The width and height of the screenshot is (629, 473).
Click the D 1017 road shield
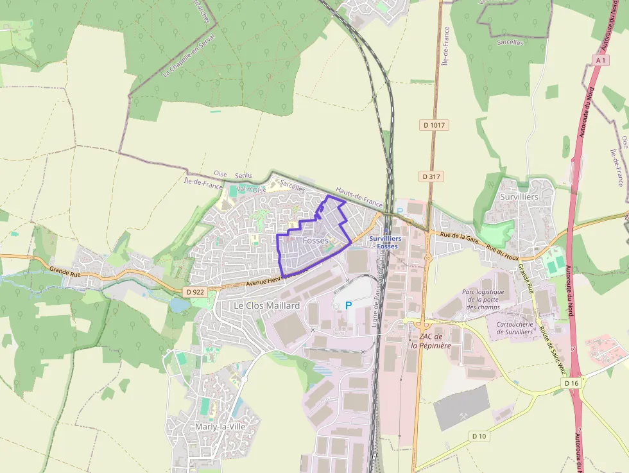click(435, 125)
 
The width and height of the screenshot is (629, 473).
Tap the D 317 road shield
click(433, 176)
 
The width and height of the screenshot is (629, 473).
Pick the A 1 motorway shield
click(601, 60)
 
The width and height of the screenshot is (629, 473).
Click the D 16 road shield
click(571, 383)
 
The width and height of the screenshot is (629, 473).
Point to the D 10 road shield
click(479, 436)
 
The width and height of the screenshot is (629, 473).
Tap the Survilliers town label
click(519, 196)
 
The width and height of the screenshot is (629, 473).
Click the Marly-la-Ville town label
click(218, 426)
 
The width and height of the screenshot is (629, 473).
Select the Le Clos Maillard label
click(266, 305)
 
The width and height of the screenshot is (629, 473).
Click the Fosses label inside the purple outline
click(315, 241)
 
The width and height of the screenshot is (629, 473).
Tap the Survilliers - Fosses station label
click(385, 242)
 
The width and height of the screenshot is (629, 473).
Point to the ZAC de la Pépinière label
click(431, 341)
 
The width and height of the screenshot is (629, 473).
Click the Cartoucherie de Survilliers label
click(515, 328)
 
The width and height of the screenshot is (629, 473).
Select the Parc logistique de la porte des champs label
click(483, 299)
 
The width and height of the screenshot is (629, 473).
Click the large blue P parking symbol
click(348, 305)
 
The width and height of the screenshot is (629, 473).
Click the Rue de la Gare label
click(460, 236)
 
